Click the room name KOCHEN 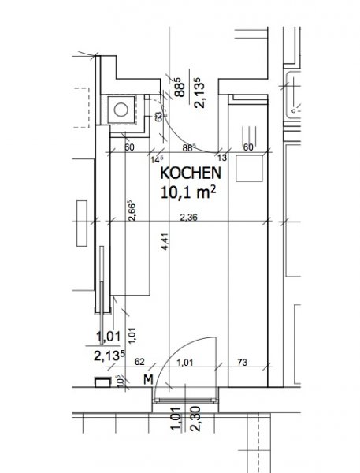tap(191, 173)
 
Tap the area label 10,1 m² tap(188, 192)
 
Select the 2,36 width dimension tap(188, 218)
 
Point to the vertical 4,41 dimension tap(166, 241)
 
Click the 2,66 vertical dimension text tap(132, 210)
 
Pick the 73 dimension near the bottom tap(242, 363)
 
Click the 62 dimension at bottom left tap(139, 362)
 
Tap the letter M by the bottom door tap(148, 379)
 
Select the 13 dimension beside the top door tap(221, 158)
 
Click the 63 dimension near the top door tap(158, 117)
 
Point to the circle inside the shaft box tap(121, 110)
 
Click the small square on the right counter tap(249, 169)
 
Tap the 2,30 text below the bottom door tap(195, 419)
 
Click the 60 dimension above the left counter tap(129, 147)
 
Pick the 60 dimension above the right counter tap(248, 147)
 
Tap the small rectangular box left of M tap(103, 382)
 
